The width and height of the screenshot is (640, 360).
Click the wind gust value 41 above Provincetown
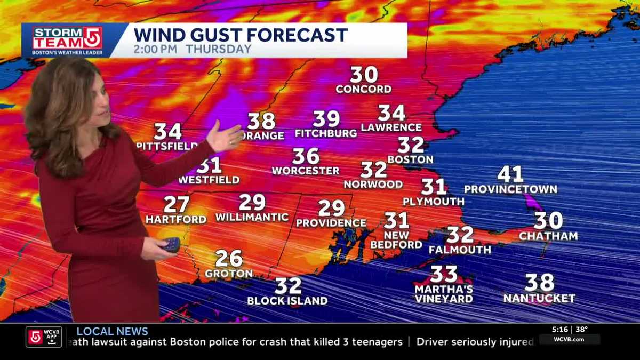[x=510, y=174]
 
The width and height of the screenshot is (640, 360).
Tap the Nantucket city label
[x=539, y=299]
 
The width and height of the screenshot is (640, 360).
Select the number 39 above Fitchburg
[x=326, y=119]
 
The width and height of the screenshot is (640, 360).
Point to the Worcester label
[x=306, y=171]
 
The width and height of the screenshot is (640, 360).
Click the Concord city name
[x=364, y=89]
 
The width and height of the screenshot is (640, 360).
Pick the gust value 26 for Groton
[x=229, y=259]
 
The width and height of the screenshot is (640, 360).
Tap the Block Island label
[x=287, y=301]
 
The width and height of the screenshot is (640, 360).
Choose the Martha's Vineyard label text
[x=444, y=294]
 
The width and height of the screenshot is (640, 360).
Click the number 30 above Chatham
[x=548, y=221]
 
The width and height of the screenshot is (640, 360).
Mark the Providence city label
[x=331, y=223]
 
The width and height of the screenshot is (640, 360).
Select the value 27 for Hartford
[x=176, y=205]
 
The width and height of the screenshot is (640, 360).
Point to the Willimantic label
[x=252, y=218]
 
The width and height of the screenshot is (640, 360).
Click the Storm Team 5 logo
[x=67, y=39]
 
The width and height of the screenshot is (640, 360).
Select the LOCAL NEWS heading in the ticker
[x=112, y=332]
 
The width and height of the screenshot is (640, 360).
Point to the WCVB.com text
[x=569, y=340]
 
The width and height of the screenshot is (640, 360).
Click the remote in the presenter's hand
[x=172, y=245]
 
